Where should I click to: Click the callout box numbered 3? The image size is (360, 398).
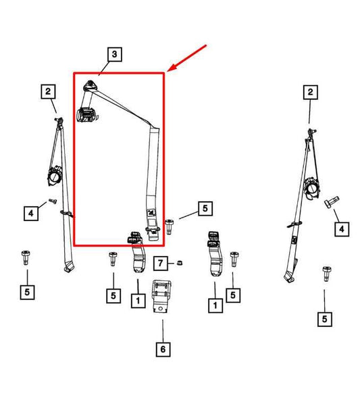114,54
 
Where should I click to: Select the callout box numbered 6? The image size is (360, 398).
163,349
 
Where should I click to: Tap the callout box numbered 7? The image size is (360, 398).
160,264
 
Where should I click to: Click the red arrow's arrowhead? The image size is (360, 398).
172,68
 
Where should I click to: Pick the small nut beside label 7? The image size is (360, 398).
179,263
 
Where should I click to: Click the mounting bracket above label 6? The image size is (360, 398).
162,296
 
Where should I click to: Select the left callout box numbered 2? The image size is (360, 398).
48,92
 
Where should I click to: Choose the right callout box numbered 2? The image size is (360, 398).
311,92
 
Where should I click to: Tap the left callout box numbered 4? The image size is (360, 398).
31,214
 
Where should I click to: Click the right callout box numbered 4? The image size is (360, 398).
342,229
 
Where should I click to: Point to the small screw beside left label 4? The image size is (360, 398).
53,201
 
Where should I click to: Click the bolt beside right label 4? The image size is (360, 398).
331,202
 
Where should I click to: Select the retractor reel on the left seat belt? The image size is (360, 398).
55,176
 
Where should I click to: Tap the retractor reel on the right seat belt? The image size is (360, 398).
312,189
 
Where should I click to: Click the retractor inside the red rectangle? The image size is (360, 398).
86,115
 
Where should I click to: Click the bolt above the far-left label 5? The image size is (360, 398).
26,257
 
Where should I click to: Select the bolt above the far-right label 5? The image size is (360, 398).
327,274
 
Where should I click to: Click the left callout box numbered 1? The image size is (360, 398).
138,301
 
